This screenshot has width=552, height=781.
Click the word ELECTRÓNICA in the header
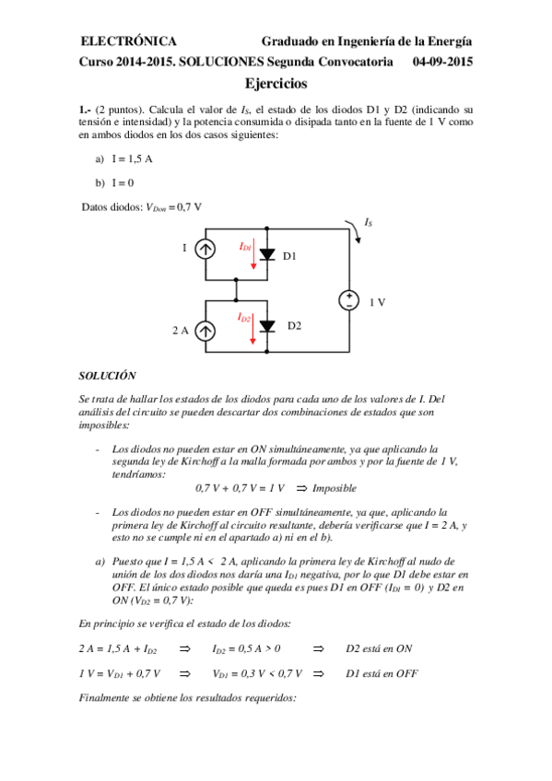[129, 41]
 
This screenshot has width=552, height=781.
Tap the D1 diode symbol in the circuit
[267, 254]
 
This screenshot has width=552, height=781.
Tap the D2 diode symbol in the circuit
[267, 326]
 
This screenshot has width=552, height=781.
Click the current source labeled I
[207, 249]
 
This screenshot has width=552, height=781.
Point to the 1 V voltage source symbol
[350, 300]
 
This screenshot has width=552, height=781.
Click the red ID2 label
[245, 317]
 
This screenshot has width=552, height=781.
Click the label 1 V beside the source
[378, 302]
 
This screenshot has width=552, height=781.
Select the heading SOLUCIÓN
[107, 376]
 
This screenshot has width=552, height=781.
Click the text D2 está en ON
[379, 648]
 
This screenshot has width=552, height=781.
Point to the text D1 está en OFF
[382, 673]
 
